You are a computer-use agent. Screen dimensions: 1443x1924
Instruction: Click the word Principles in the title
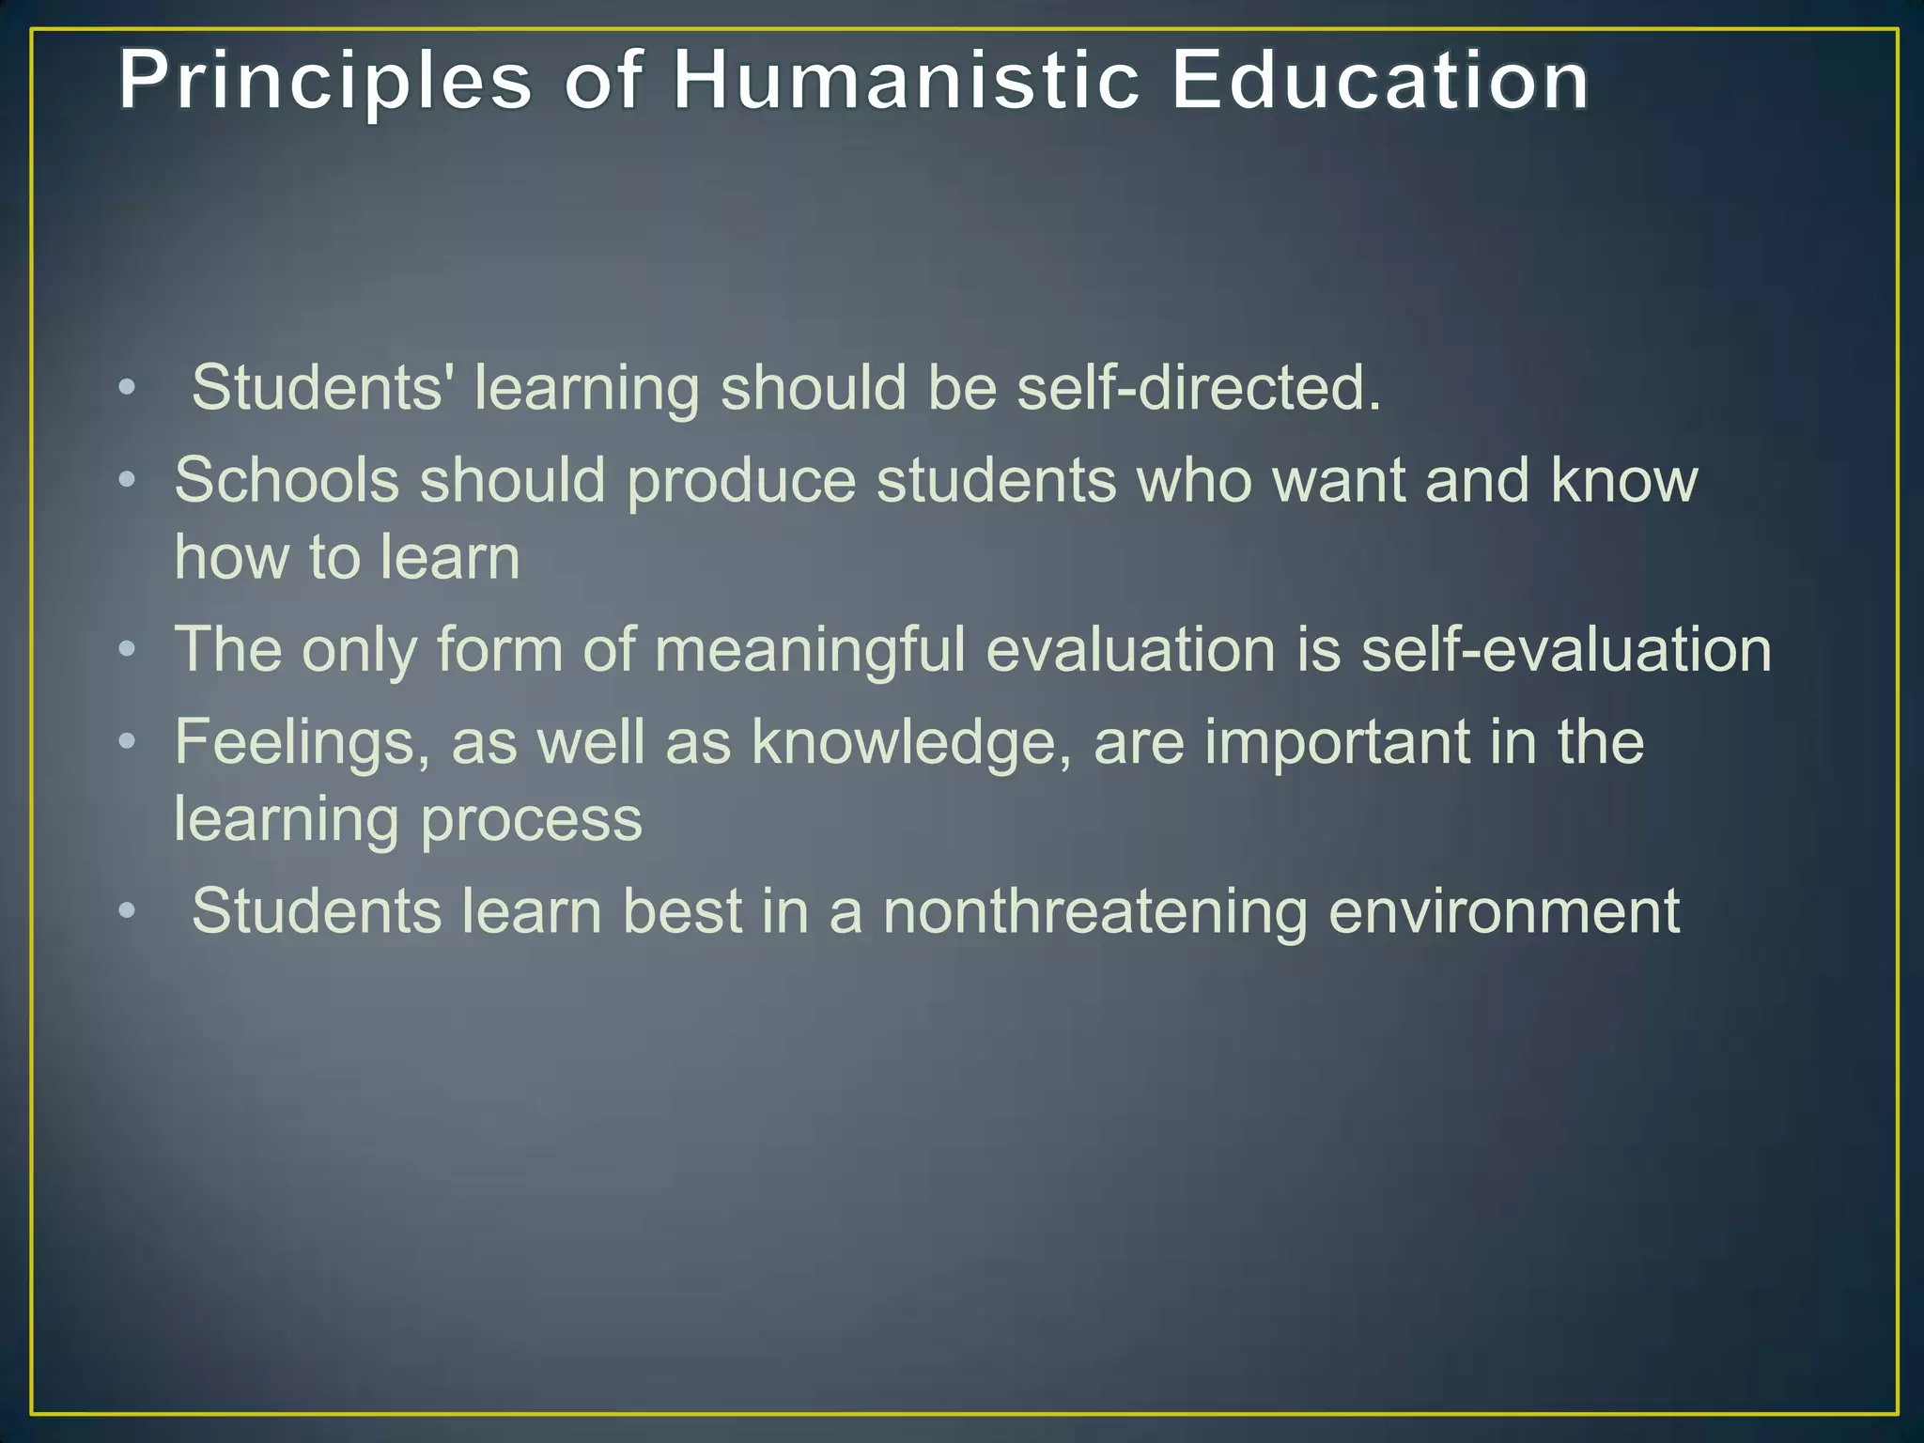pos(325,83)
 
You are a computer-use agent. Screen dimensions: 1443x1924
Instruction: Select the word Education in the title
pos(1380,81)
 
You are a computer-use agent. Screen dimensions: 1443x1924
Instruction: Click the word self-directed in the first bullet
pos(1199,387)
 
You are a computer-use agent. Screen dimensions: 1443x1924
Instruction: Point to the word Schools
pos(287,480)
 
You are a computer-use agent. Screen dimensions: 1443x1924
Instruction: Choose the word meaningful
pos(810,649)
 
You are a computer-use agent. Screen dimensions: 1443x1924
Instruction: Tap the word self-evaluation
pos(1566,649)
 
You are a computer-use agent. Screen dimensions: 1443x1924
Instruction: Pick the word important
pos(1337,743)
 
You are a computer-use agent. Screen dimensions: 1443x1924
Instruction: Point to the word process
pos(531,820)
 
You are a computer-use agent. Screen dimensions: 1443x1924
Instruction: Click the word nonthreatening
pos(1094,911)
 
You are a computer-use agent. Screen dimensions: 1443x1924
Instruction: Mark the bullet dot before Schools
pos(128,481)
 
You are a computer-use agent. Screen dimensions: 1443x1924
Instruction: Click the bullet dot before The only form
pos(128,649)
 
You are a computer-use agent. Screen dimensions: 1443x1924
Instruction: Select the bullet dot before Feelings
pos(128,742)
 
